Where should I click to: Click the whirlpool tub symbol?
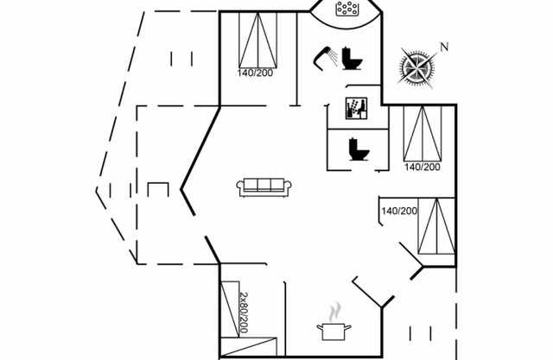[347, 10]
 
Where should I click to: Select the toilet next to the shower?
[351, 59]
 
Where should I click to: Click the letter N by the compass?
[444, 47]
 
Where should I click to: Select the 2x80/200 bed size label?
[243, 313]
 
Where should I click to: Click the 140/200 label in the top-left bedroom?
[256, 73]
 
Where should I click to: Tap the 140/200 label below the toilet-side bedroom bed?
[423, 167]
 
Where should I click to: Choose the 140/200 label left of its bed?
[399, 211]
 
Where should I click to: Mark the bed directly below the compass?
[423, 134]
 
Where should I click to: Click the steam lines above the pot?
[334, 309]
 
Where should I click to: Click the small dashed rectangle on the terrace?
[157, 190]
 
